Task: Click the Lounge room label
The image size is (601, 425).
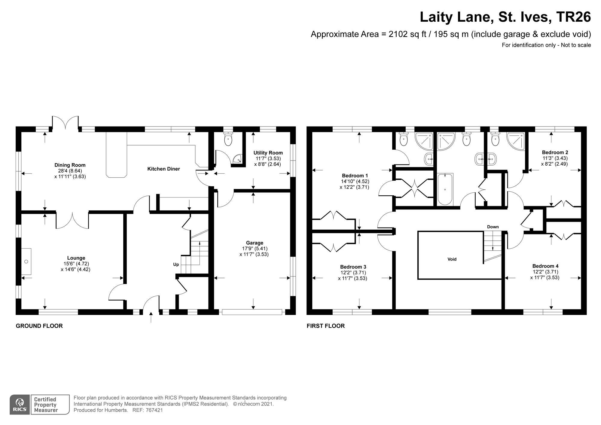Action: [76, 258]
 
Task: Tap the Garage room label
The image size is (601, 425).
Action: [255, 243]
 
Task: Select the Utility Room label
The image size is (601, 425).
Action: [268, 153]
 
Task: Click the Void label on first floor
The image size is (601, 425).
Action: [452, 259]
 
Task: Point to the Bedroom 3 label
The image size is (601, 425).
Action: [353, 267]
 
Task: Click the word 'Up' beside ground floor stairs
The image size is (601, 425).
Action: [176, 264]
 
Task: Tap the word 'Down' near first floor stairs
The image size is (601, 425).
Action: [493, 227]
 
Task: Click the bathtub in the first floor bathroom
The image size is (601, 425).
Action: [445, 189]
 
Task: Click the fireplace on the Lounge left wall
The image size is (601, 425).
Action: [26, 261]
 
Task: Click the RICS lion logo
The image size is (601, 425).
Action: [20, 404]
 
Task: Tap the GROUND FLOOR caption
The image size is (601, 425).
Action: [39, 326]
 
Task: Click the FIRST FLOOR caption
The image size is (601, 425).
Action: [325, 326]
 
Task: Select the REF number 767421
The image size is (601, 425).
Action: [154, 410]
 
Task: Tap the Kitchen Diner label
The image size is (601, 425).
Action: [163, 169]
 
